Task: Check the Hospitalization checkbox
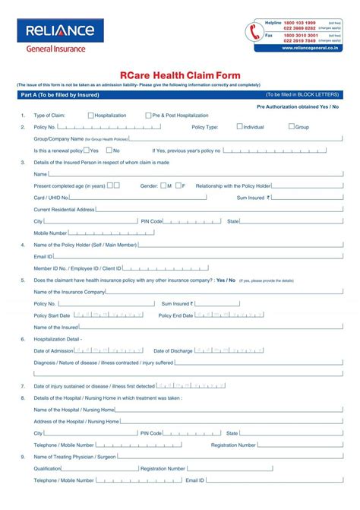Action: pyautogui.click(x=91, y=116)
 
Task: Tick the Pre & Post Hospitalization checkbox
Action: pyautogui.click(x=147, y=116)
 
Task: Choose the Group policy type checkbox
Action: pyautogui.click(x=292, y=127)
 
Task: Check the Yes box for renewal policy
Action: pyautogui.click(x=87, y=150)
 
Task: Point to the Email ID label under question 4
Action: pyautogui.click(x=43, y=257)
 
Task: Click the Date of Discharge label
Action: pyautogui.click(x=173, y=350)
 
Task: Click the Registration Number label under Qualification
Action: pyautogui.click(x=163, y=469)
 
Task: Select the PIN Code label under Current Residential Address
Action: pyautogui.click(x=151, y=221)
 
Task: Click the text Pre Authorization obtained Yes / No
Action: pyautogui.click(x=297, y=107)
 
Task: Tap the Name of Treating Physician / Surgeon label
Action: pyautogui.click(x=74, y=457)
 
